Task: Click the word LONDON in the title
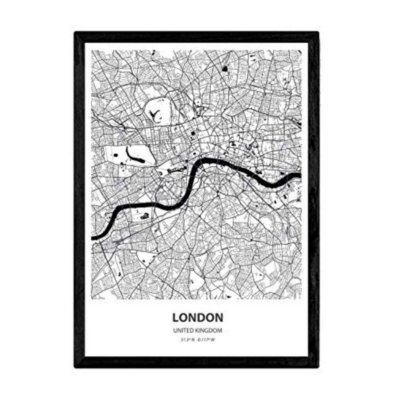coord(198,317)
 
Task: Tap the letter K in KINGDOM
coord(200,330)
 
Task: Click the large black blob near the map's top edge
coord(225,69)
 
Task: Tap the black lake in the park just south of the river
coord(145,216)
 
